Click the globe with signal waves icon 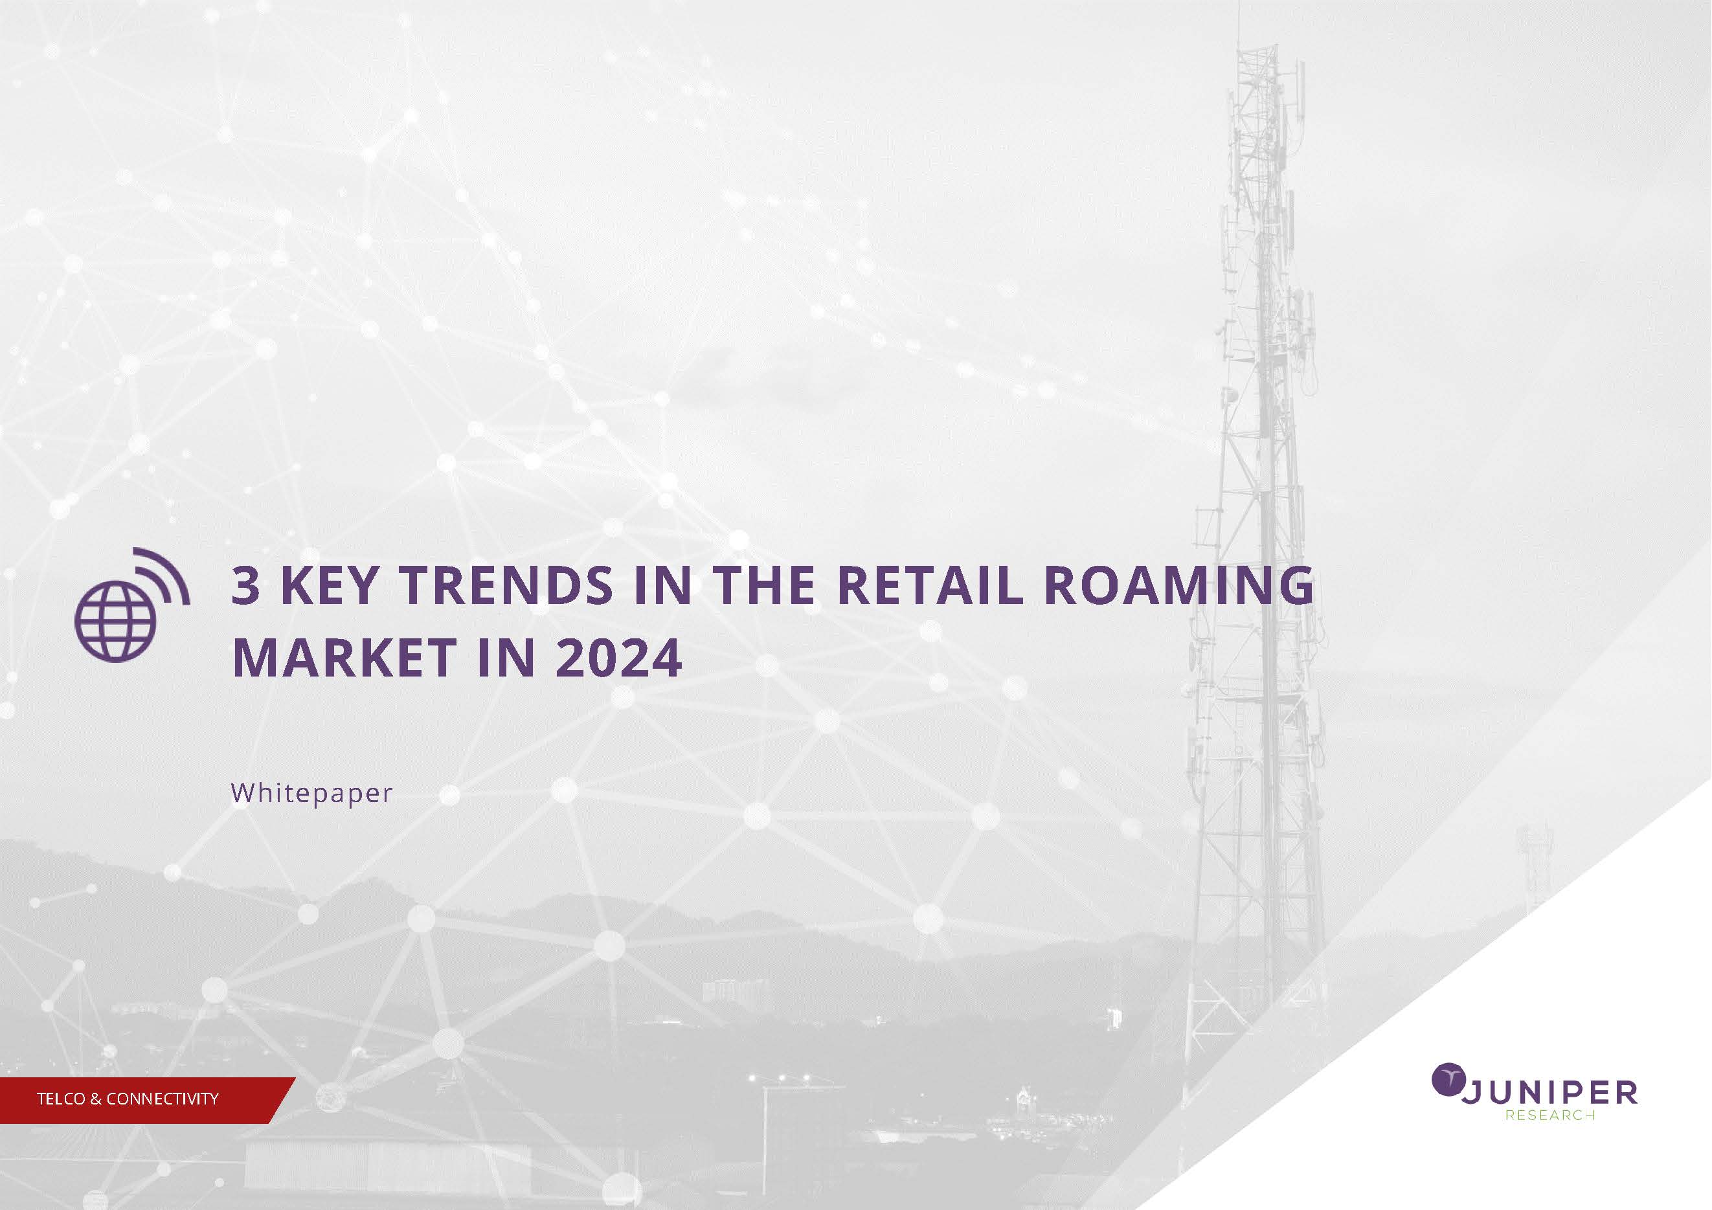[131, 605]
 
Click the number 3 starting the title [246, 585]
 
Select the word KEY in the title [330, 585]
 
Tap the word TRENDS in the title [507, 585]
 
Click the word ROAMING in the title [1179, 585]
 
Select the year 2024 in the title [619, 658]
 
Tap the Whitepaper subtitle [311, 793]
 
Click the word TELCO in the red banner [60, 1099]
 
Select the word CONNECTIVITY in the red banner [163, 1099]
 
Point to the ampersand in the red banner [95, 1099]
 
